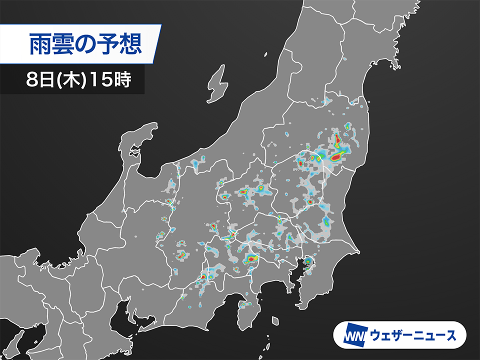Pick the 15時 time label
click(x=110, y=80)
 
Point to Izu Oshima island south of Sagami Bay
click(x=274, y=320)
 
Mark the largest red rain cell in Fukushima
click(x=336, y=157)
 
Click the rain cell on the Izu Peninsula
click(x=244, y=304)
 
